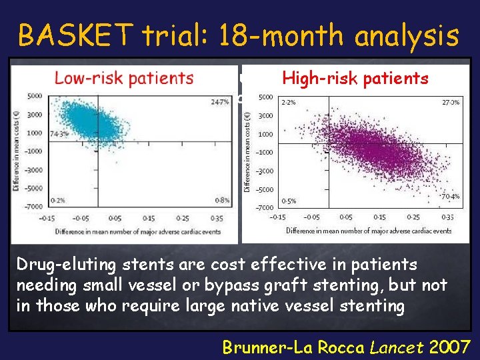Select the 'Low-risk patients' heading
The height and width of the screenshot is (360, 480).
[124, 78]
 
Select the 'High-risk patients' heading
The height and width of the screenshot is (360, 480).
[355, 78]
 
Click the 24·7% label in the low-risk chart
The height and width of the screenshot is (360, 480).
[219, 102]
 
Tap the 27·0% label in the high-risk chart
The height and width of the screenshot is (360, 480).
[451, 103]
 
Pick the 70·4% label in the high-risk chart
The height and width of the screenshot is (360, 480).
[451, 197]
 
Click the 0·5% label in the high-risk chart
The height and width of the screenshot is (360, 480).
[289, 201]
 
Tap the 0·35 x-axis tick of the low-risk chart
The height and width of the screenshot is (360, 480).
[216, 218]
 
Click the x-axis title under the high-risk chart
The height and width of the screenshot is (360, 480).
[369, 231]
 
